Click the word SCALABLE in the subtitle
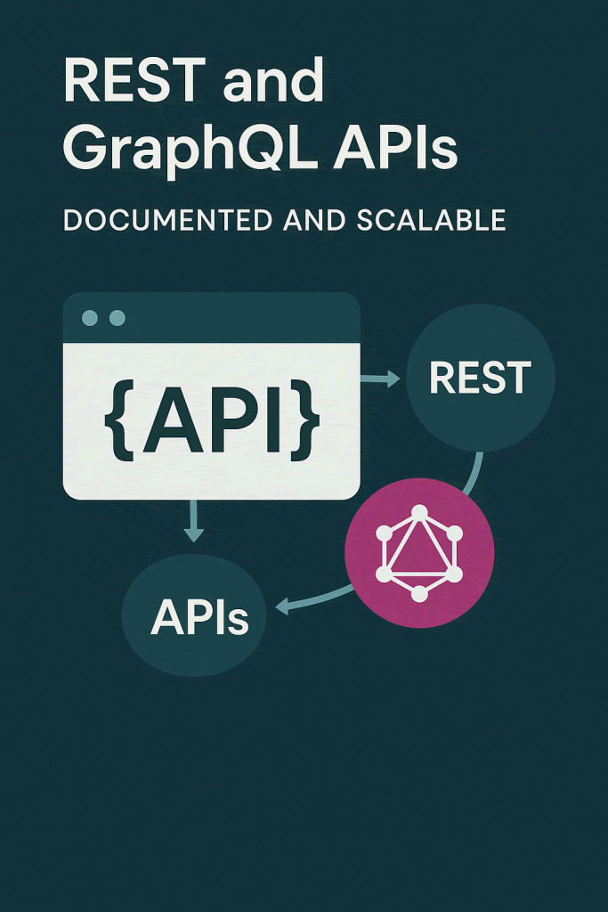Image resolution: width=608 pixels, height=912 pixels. [431, 220]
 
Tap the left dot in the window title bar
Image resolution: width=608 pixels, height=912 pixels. [90, 318]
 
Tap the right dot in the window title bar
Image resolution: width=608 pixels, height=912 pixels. [118, 318]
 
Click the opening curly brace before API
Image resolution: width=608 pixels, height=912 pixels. [120, 420]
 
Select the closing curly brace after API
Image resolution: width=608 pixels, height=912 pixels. [305, 420]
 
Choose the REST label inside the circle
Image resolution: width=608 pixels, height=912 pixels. [480, 378]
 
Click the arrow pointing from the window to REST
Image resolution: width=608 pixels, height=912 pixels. [380, 379]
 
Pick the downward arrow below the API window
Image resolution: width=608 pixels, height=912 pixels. [193, 520]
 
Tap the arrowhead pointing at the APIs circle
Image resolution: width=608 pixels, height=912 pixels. [283, 607]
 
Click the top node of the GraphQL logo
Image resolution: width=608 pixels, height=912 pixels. [419, 513]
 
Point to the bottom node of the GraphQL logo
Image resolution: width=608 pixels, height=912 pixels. [419, 594]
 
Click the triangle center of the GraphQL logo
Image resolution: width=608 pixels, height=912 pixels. [419, 552]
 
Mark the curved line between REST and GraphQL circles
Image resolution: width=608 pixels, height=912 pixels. [475, 474]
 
